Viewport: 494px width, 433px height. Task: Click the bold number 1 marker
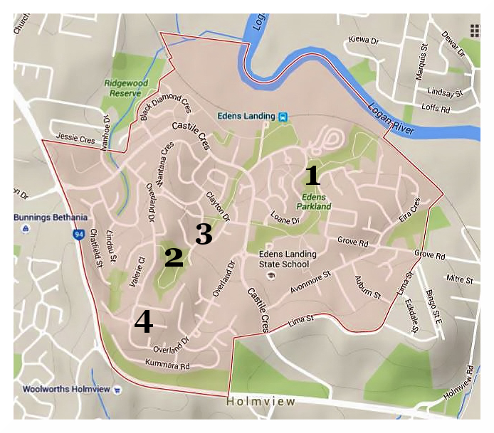(312, 175)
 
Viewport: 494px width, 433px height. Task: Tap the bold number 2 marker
(174, 257)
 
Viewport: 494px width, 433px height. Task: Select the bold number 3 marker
(204, 234)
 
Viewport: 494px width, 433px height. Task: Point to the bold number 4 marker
(143, 321)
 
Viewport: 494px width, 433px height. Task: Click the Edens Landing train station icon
(283, 117)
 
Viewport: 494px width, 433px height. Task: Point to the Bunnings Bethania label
(50, 217)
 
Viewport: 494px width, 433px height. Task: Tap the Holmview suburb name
(261, 402)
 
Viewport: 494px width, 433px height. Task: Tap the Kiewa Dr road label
(364, 41)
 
